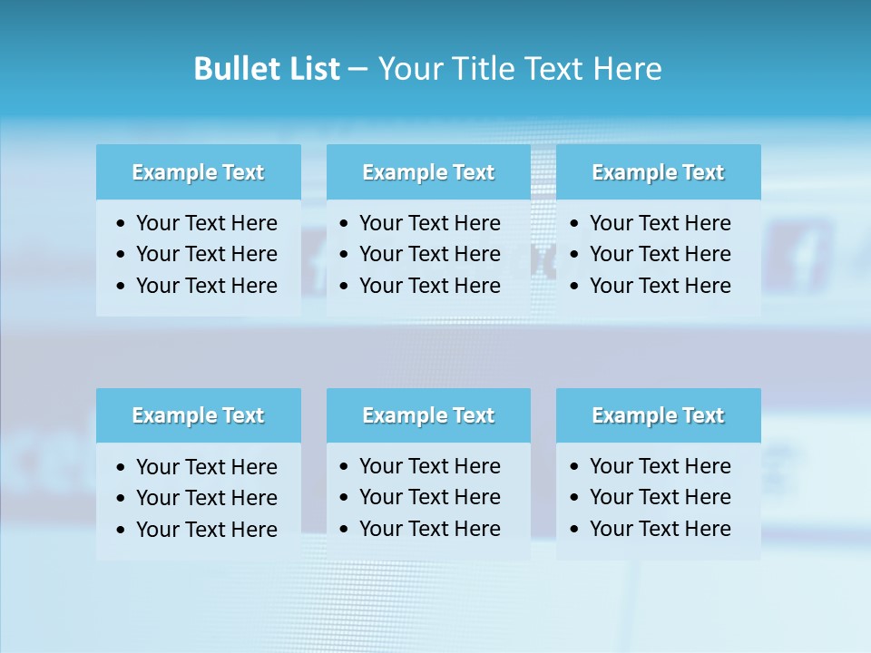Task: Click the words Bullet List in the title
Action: click(267, 69)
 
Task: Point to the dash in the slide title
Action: click(357, 70)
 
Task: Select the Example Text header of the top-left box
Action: click(198, 172)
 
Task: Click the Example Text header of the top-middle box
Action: click(428, 172)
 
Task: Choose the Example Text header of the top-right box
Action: click(658, 172)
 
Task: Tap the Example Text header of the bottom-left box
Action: click(198, 415)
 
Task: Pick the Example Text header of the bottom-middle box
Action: click(428, 415)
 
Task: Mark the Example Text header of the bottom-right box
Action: click(658, 415)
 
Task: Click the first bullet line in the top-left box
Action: click(206, 223)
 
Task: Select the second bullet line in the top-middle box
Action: click(429, 254)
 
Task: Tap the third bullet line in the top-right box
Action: click(660, 286)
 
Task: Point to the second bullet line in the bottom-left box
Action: click(206, 498)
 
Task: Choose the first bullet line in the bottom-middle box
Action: click(429, 466)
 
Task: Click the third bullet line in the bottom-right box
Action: click(660, 529)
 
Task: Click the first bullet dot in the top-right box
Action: click(574, 224)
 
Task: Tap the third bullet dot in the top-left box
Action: click(122, 287)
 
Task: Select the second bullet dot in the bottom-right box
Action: click(574, 498)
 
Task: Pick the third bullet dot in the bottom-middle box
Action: click(344, 530)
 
